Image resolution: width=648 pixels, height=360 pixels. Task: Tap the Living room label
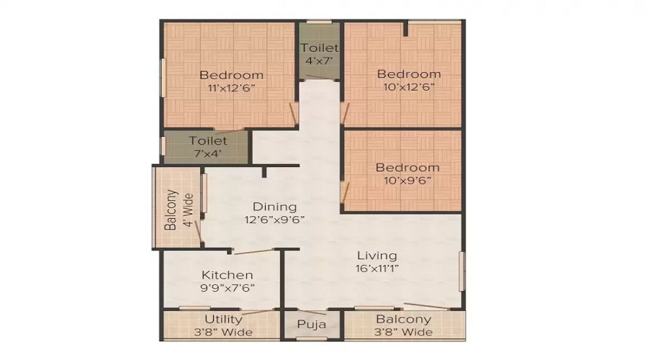[x=377, y=256]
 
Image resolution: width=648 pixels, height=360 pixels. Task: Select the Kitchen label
[x=227, y=275]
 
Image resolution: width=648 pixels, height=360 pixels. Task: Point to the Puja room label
[x=312, y=325]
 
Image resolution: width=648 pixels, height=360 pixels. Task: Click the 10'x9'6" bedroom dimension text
[x=408, y=181]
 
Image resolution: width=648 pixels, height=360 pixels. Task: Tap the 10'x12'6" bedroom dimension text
[x=408, y=88]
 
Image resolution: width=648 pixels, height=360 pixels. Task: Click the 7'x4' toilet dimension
[x=207, y=153]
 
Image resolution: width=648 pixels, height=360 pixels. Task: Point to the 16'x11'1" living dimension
[x=377, y=269]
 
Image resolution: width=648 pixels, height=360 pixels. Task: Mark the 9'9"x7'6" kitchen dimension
[x=227, y=288]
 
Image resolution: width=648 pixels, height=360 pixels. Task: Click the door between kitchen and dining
[x=253, y=251]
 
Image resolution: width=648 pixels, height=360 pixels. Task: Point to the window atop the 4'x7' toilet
[x=320, y=22]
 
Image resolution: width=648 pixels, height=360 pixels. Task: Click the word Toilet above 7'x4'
[x=207, y=140]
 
